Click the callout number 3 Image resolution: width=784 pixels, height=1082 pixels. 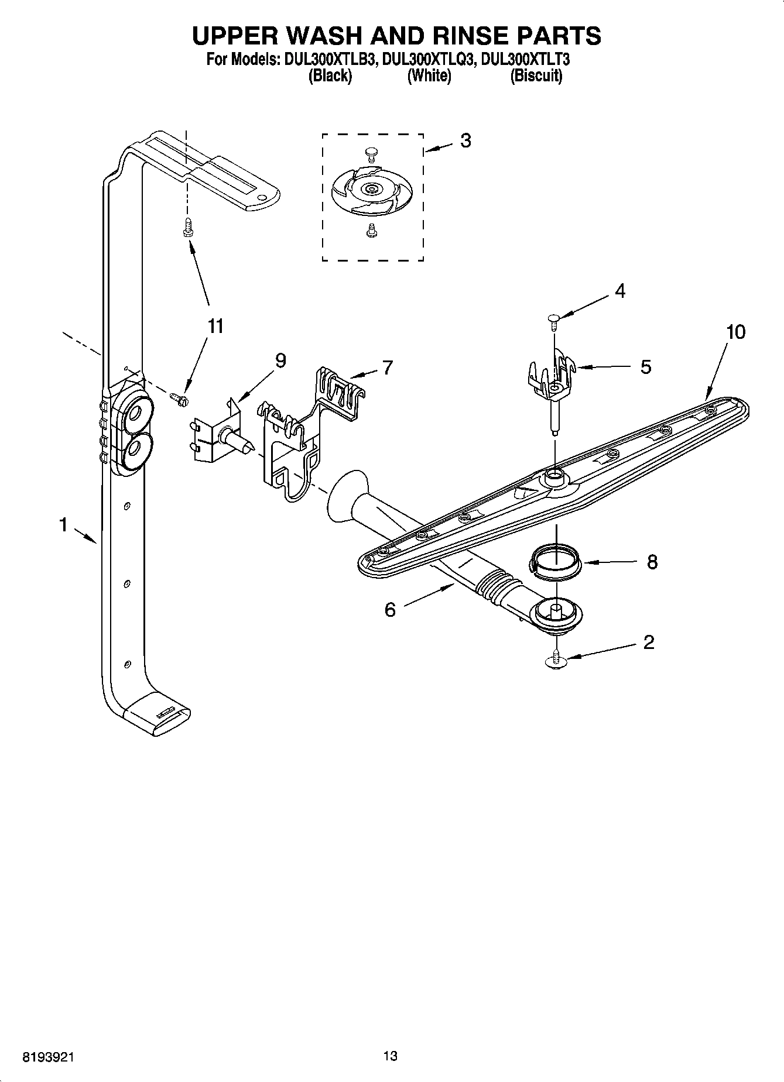tap(465, 141)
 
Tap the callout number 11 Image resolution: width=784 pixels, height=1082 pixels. tap(216, 327)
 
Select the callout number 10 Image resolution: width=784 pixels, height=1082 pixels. tap(735, 332)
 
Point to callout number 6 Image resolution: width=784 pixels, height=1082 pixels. tap(390, 610)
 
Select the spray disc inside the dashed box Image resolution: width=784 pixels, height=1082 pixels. tap(372, 190)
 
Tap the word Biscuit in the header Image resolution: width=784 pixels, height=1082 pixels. tap(536, 76)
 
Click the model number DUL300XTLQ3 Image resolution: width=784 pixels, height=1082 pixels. tap(427, 60)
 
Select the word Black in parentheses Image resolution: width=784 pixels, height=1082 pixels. tap(330, 76)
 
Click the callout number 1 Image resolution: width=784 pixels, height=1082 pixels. tap(63, 525)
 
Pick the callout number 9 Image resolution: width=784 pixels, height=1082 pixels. tap(280, 362)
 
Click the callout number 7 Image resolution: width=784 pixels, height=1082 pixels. tap(387, 367)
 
